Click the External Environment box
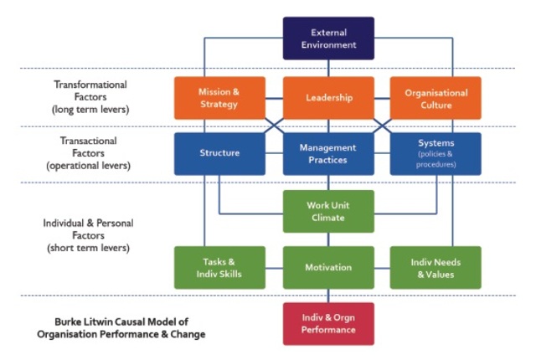pos(328,39)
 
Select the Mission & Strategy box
pos(219,98)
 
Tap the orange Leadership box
pos(328,98)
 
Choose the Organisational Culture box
pos(435,98)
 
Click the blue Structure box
pos(219,153)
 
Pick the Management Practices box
pos(328,153)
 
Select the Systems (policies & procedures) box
pos(435,153)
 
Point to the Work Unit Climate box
pos(328,212)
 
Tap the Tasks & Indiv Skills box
pos(219,268)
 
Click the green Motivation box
pos(328,268)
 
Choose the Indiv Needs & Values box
pos(435,268)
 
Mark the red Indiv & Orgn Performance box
pos(328,323)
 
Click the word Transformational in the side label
pos(90,85)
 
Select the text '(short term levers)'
pos(90,249)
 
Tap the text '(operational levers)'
pos(90,167)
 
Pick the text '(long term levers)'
pos(90,110)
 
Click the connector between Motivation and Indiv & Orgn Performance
pos(328,296)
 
